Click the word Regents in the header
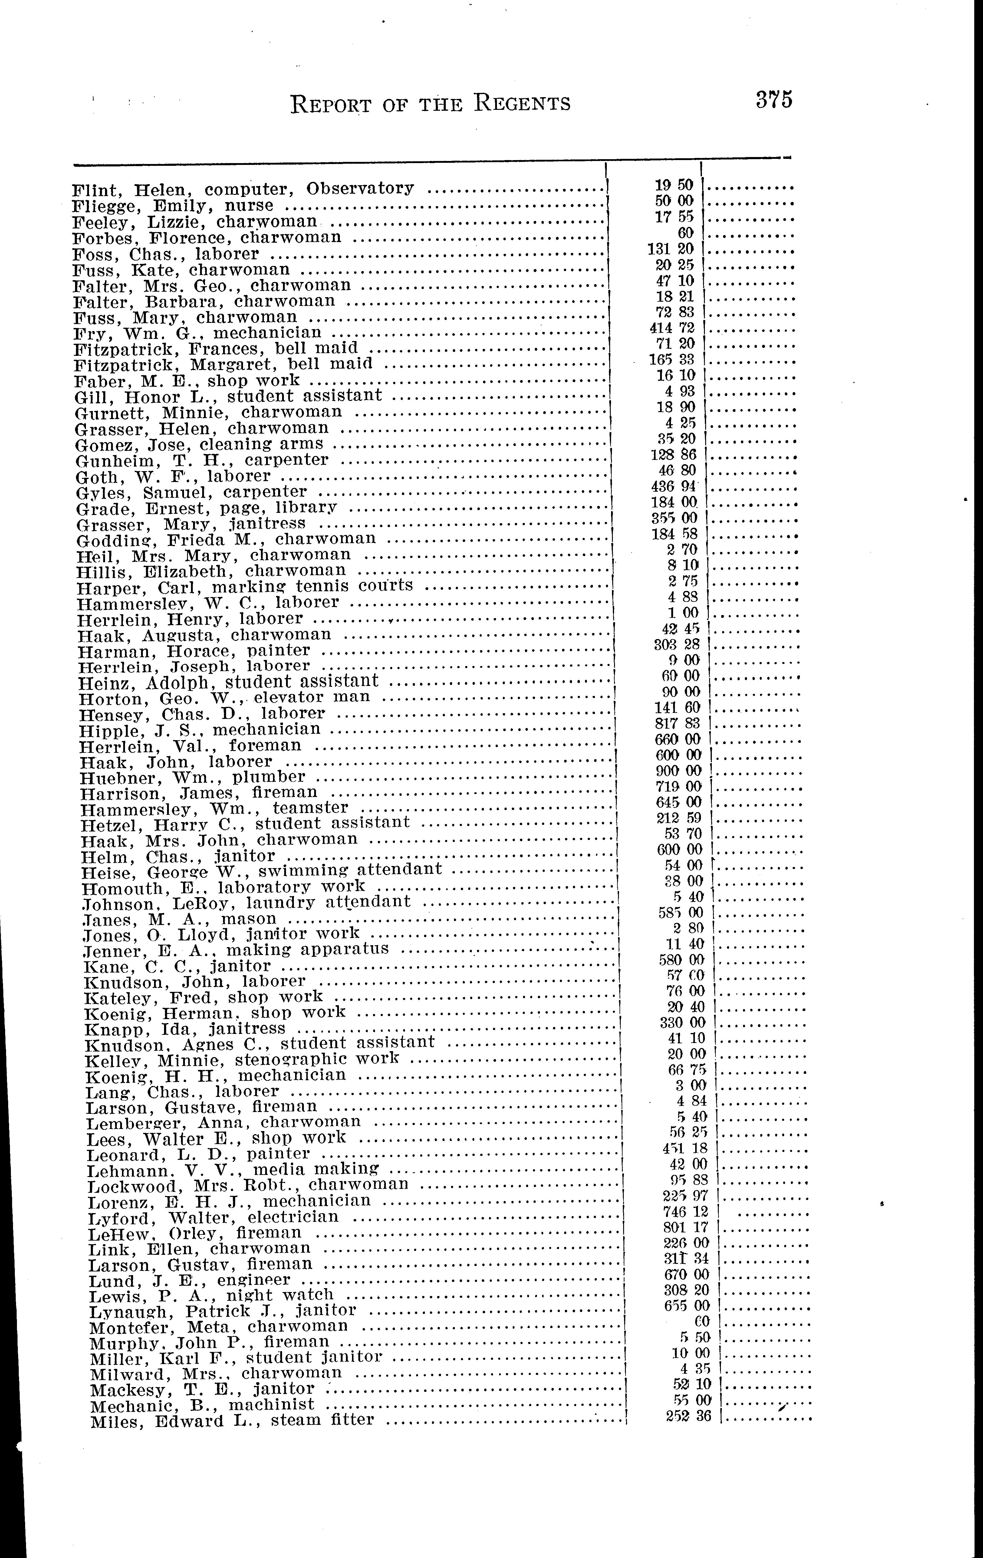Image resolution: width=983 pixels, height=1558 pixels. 521,103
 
